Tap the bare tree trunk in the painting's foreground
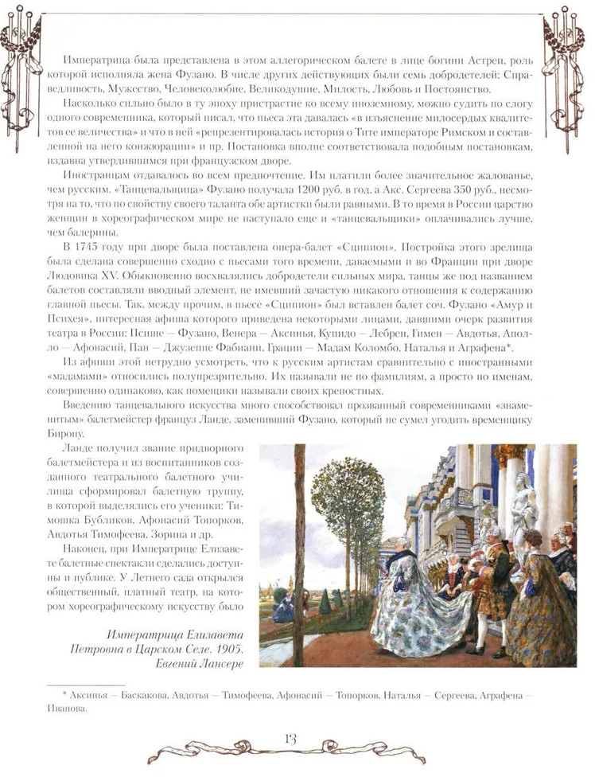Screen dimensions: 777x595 [298, 557]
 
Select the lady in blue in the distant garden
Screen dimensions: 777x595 [285, 609]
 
